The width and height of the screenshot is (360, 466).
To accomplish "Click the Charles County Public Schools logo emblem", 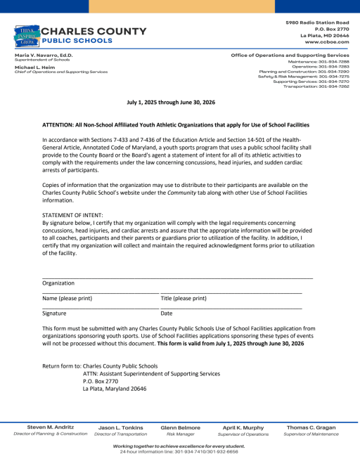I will coord(25,34).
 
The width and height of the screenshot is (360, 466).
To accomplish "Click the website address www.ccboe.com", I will coord(326,42).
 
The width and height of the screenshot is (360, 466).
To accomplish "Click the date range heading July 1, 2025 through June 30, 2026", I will coord(179,102).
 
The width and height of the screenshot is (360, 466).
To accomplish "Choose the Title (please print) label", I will coord(184,298).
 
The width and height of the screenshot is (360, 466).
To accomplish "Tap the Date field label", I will coord(167,313).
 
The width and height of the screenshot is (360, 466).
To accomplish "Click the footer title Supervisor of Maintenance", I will coord(311,434).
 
